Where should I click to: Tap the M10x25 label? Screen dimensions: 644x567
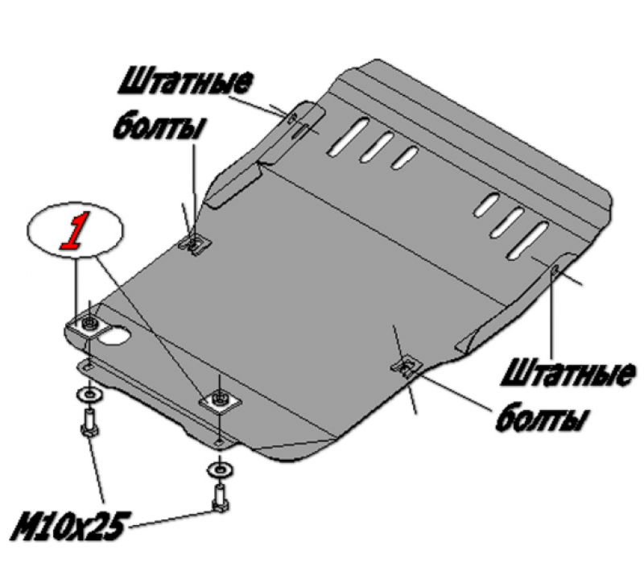click(68, 526)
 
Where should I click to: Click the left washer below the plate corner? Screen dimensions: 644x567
click(89, 395)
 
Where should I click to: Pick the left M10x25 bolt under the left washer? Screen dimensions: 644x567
click(90, 424)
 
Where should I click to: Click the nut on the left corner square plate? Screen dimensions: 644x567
click(89, 323)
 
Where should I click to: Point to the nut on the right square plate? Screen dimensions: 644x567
click(220, 399)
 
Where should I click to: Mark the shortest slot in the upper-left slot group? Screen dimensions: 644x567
click(405, 158)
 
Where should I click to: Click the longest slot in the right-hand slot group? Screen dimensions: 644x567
click(528, 240)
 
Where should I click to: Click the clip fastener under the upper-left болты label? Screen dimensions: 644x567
click(195, 243)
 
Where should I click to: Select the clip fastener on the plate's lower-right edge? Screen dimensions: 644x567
click(407, 366)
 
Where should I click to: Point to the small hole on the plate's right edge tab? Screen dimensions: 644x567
click(554, 270)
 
